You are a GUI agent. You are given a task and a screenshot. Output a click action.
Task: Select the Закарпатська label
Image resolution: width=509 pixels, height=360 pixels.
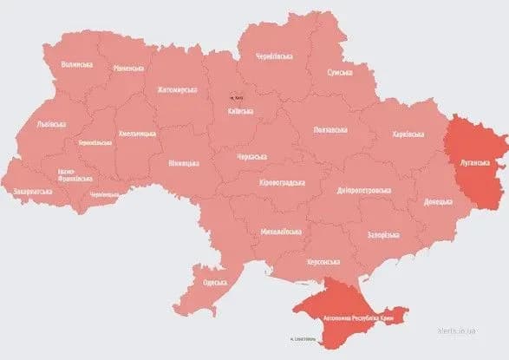[x=32, y=190]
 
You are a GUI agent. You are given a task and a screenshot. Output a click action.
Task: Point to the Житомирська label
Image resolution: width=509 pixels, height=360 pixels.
[x=177, y=88]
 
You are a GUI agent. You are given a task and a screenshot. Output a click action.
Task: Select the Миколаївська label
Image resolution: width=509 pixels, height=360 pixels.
[x=281, y=232]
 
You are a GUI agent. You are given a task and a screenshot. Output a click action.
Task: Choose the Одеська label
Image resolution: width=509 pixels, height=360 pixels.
[x=214, y=282]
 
